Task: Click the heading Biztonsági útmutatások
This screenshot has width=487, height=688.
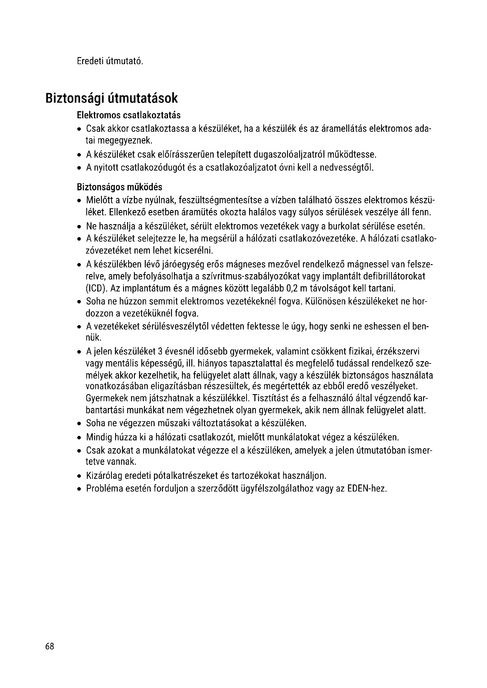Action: click(x=112, y=98)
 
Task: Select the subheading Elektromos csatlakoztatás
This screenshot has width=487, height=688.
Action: click(x=129, y=115)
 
